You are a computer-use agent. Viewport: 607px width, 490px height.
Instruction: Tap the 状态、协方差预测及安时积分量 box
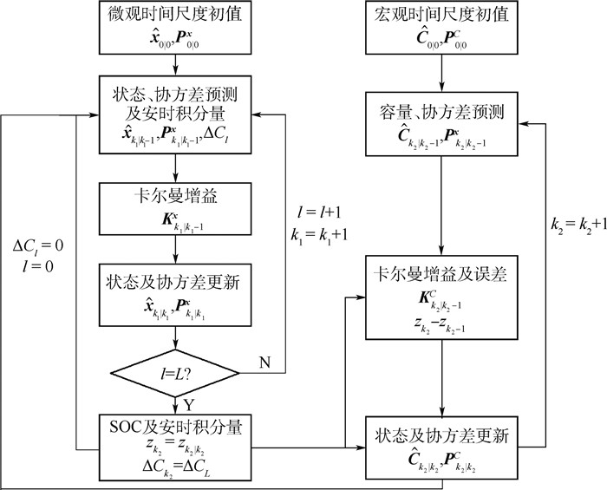(175, 113)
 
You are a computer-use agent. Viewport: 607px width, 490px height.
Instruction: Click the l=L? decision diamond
(175, 374)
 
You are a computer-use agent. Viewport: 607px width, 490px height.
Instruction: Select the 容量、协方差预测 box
(444, 123)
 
